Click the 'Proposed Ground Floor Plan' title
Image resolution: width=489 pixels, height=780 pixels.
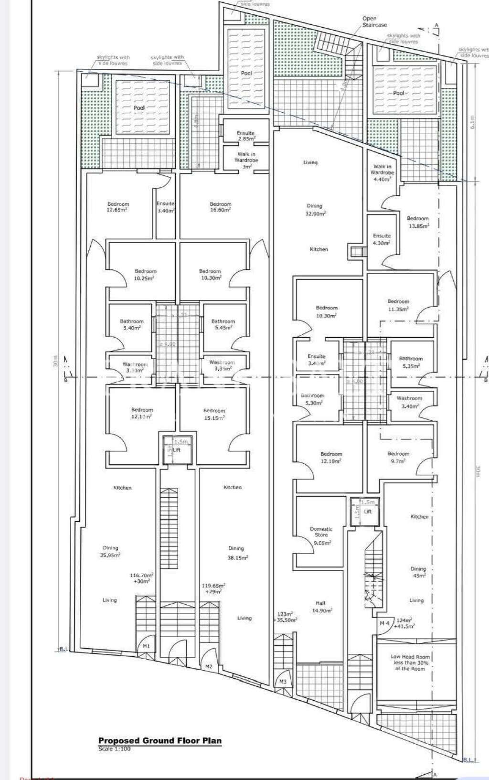click(159, 741)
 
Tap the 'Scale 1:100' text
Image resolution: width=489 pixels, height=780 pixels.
click(114, 748)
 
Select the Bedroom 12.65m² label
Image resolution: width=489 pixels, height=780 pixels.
click(118, 207)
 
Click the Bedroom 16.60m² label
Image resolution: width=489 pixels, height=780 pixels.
click(220, 207)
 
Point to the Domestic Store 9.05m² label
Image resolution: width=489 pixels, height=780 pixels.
click(321, 535)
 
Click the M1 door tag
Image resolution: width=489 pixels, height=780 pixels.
click(146, 646)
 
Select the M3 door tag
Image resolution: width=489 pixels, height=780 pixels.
click(283, 682)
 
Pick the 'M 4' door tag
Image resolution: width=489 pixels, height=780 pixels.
click(384, 623)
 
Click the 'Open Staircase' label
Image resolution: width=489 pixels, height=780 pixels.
click(374, 21)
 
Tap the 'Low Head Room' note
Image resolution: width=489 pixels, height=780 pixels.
click(410, 662)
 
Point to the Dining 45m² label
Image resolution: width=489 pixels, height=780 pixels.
click(418, 572)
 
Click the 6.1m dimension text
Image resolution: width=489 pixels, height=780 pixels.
click(472, 123)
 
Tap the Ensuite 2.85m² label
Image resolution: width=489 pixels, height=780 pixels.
click(245, 136)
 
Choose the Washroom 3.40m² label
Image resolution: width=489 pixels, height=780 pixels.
click(409, 402)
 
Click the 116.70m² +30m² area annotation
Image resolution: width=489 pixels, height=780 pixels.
click(141, 578)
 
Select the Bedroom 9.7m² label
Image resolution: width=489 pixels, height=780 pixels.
click(398, 457)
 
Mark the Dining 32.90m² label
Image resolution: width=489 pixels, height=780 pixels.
click(315, 210)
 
